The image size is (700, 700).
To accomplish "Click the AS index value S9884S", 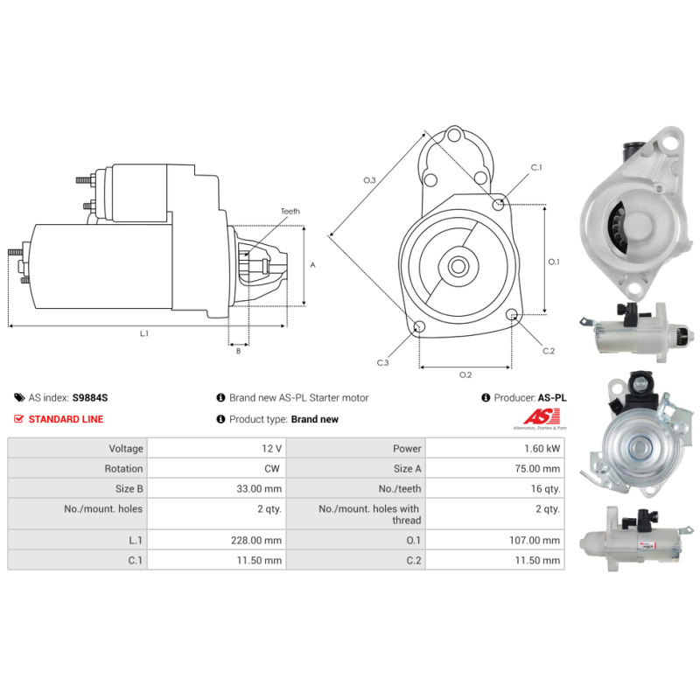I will (90, 397).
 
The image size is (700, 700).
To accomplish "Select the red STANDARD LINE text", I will (66, 419).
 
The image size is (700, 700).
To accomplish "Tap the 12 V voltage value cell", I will (272, 448).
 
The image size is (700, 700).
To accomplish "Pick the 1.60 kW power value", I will (542, 448).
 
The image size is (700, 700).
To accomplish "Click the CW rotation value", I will (274, 469).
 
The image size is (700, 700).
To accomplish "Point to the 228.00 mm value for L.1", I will (259, 541).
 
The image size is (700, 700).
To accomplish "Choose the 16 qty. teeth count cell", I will (542, 489).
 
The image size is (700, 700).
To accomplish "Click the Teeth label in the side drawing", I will (290, 212).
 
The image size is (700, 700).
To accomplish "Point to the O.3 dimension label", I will (369, 180).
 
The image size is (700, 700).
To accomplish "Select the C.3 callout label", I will (383, 362).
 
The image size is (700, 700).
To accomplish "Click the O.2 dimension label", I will (465, 375).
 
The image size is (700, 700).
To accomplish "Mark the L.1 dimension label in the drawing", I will (144, 333).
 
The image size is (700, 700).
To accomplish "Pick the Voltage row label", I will (122, 448).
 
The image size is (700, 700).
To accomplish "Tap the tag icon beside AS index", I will (20, 397).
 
